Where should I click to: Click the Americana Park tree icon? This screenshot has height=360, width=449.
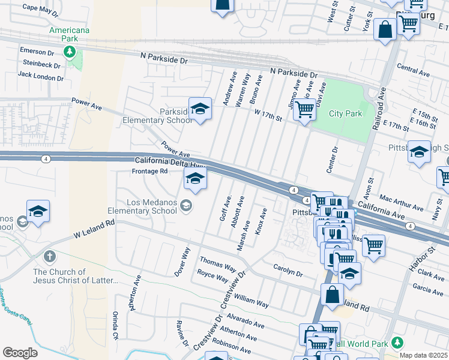(x=70, y=52)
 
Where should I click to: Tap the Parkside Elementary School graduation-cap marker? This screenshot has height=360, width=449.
(x=200, y=109)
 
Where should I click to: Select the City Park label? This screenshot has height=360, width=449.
(x=345, y=113)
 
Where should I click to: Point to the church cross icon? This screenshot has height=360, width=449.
(x=50, y=257)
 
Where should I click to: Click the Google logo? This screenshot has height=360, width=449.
(x=20, y=352)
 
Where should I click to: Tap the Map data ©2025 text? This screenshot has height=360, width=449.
(x=423, y=355)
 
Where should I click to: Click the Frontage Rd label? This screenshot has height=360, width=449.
(x=149, y=171)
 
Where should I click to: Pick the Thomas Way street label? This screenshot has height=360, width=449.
(x=218, y=265)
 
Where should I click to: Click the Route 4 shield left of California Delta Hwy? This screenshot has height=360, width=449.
(x=46, y=159)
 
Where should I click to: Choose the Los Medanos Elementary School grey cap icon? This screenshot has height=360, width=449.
(x=186, y=206)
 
